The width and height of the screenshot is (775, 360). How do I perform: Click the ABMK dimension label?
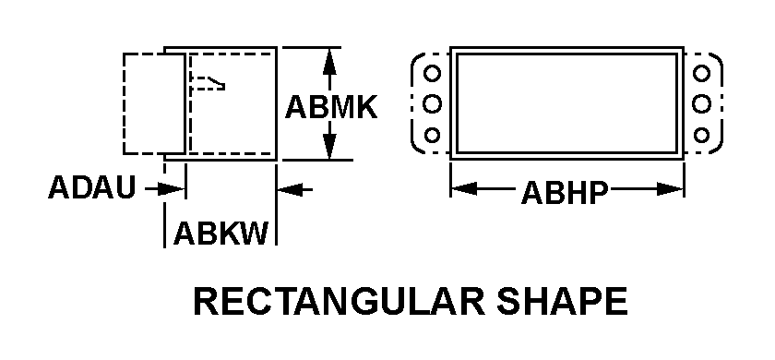[x=331, y=107]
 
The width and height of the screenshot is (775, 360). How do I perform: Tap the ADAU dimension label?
[x=91, y=187]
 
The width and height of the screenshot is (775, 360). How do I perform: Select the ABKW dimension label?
[x=221, y=234]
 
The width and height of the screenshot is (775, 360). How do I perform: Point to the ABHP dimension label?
[x=564, y=192]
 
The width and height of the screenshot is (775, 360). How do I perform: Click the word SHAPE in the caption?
[x=563, y=301]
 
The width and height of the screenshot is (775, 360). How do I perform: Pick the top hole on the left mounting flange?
[x=432, y=73]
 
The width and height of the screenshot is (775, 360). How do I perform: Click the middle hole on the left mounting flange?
[x=432, y=103]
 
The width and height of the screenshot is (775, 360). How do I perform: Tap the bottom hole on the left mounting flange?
[x=432, y=135]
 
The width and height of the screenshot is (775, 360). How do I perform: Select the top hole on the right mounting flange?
[x=701, y=73]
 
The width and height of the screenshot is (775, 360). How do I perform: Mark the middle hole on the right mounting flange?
[x=701, y=103]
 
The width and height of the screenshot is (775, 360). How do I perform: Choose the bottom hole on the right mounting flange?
[x=701, y=135]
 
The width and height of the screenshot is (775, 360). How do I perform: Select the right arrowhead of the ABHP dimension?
[x=670, y=189]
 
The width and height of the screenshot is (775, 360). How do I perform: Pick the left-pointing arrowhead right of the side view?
[x=290, y=189]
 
